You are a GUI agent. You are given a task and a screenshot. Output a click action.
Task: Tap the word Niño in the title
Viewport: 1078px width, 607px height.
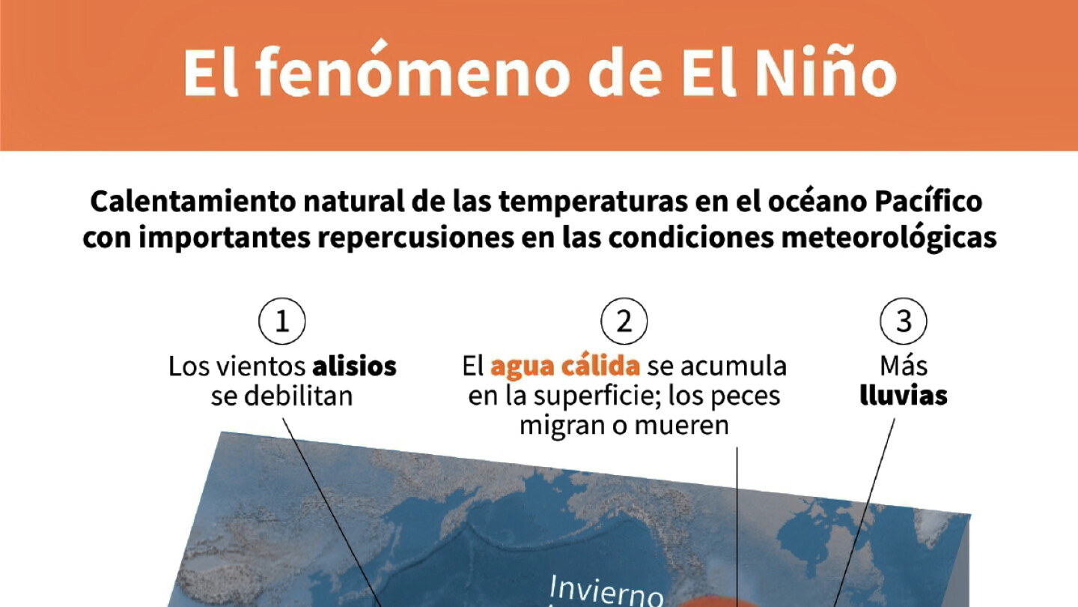(826, 70)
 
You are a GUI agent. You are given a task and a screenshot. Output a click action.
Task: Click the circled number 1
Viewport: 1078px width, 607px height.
(282, 321)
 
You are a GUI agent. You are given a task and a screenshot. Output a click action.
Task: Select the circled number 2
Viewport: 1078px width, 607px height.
(624, 321)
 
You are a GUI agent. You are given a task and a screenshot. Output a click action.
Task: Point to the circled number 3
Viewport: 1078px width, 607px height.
(904, 321)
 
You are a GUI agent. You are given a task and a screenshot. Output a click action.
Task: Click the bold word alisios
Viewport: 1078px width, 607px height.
(355, 366)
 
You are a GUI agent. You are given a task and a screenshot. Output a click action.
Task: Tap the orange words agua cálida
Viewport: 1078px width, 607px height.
(565, 366)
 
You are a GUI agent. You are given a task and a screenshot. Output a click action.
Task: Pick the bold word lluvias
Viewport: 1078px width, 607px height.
(904, 396)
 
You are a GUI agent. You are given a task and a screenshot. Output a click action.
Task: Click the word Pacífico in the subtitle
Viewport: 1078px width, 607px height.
(928, 202)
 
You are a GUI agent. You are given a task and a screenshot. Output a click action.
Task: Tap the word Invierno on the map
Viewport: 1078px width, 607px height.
(606, 591)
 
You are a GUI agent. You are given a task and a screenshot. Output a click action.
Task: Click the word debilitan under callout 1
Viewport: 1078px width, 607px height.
(299, 396)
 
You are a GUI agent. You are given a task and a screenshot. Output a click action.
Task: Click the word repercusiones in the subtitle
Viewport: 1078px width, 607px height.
(415, 238)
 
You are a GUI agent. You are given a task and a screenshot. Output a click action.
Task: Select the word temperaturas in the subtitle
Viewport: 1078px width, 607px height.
(593, 202)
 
